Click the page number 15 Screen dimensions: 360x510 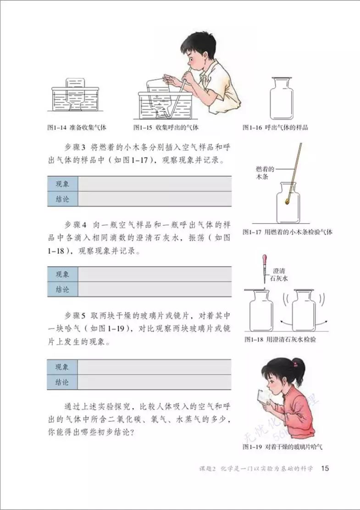click(325, 468)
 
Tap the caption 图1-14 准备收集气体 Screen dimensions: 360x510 click(77, 128)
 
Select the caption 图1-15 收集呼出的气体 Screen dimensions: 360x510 click(166, 128)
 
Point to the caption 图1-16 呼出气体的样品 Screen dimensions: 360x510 click(275, 128)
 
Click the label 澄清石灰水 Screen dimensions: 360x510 click(279, 275)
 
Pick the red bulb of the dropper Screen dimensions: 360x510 click(265, 260)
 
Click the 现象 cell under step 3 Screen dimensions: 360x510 click(62, 184)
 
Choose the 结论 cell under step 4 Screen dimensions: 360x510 click(62, 289)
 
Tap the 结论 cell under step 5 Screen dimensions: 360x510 click(62, 382)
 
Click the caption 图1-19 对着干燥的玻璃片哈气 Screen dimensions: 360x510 click(282, 447)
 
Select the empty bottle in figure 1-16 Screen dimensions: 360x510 click(282, 99)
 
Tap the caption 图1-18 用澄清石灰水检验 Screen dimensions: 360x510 click(280, 339)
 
